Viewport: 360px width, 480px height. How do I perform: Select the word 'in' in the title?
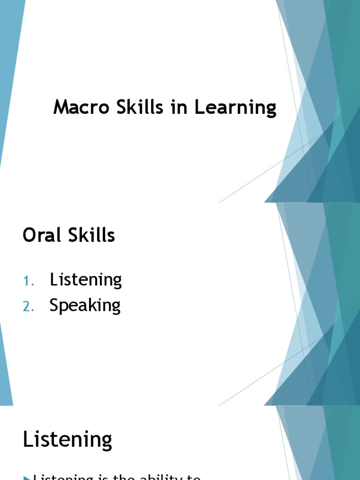click(176, 107)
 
